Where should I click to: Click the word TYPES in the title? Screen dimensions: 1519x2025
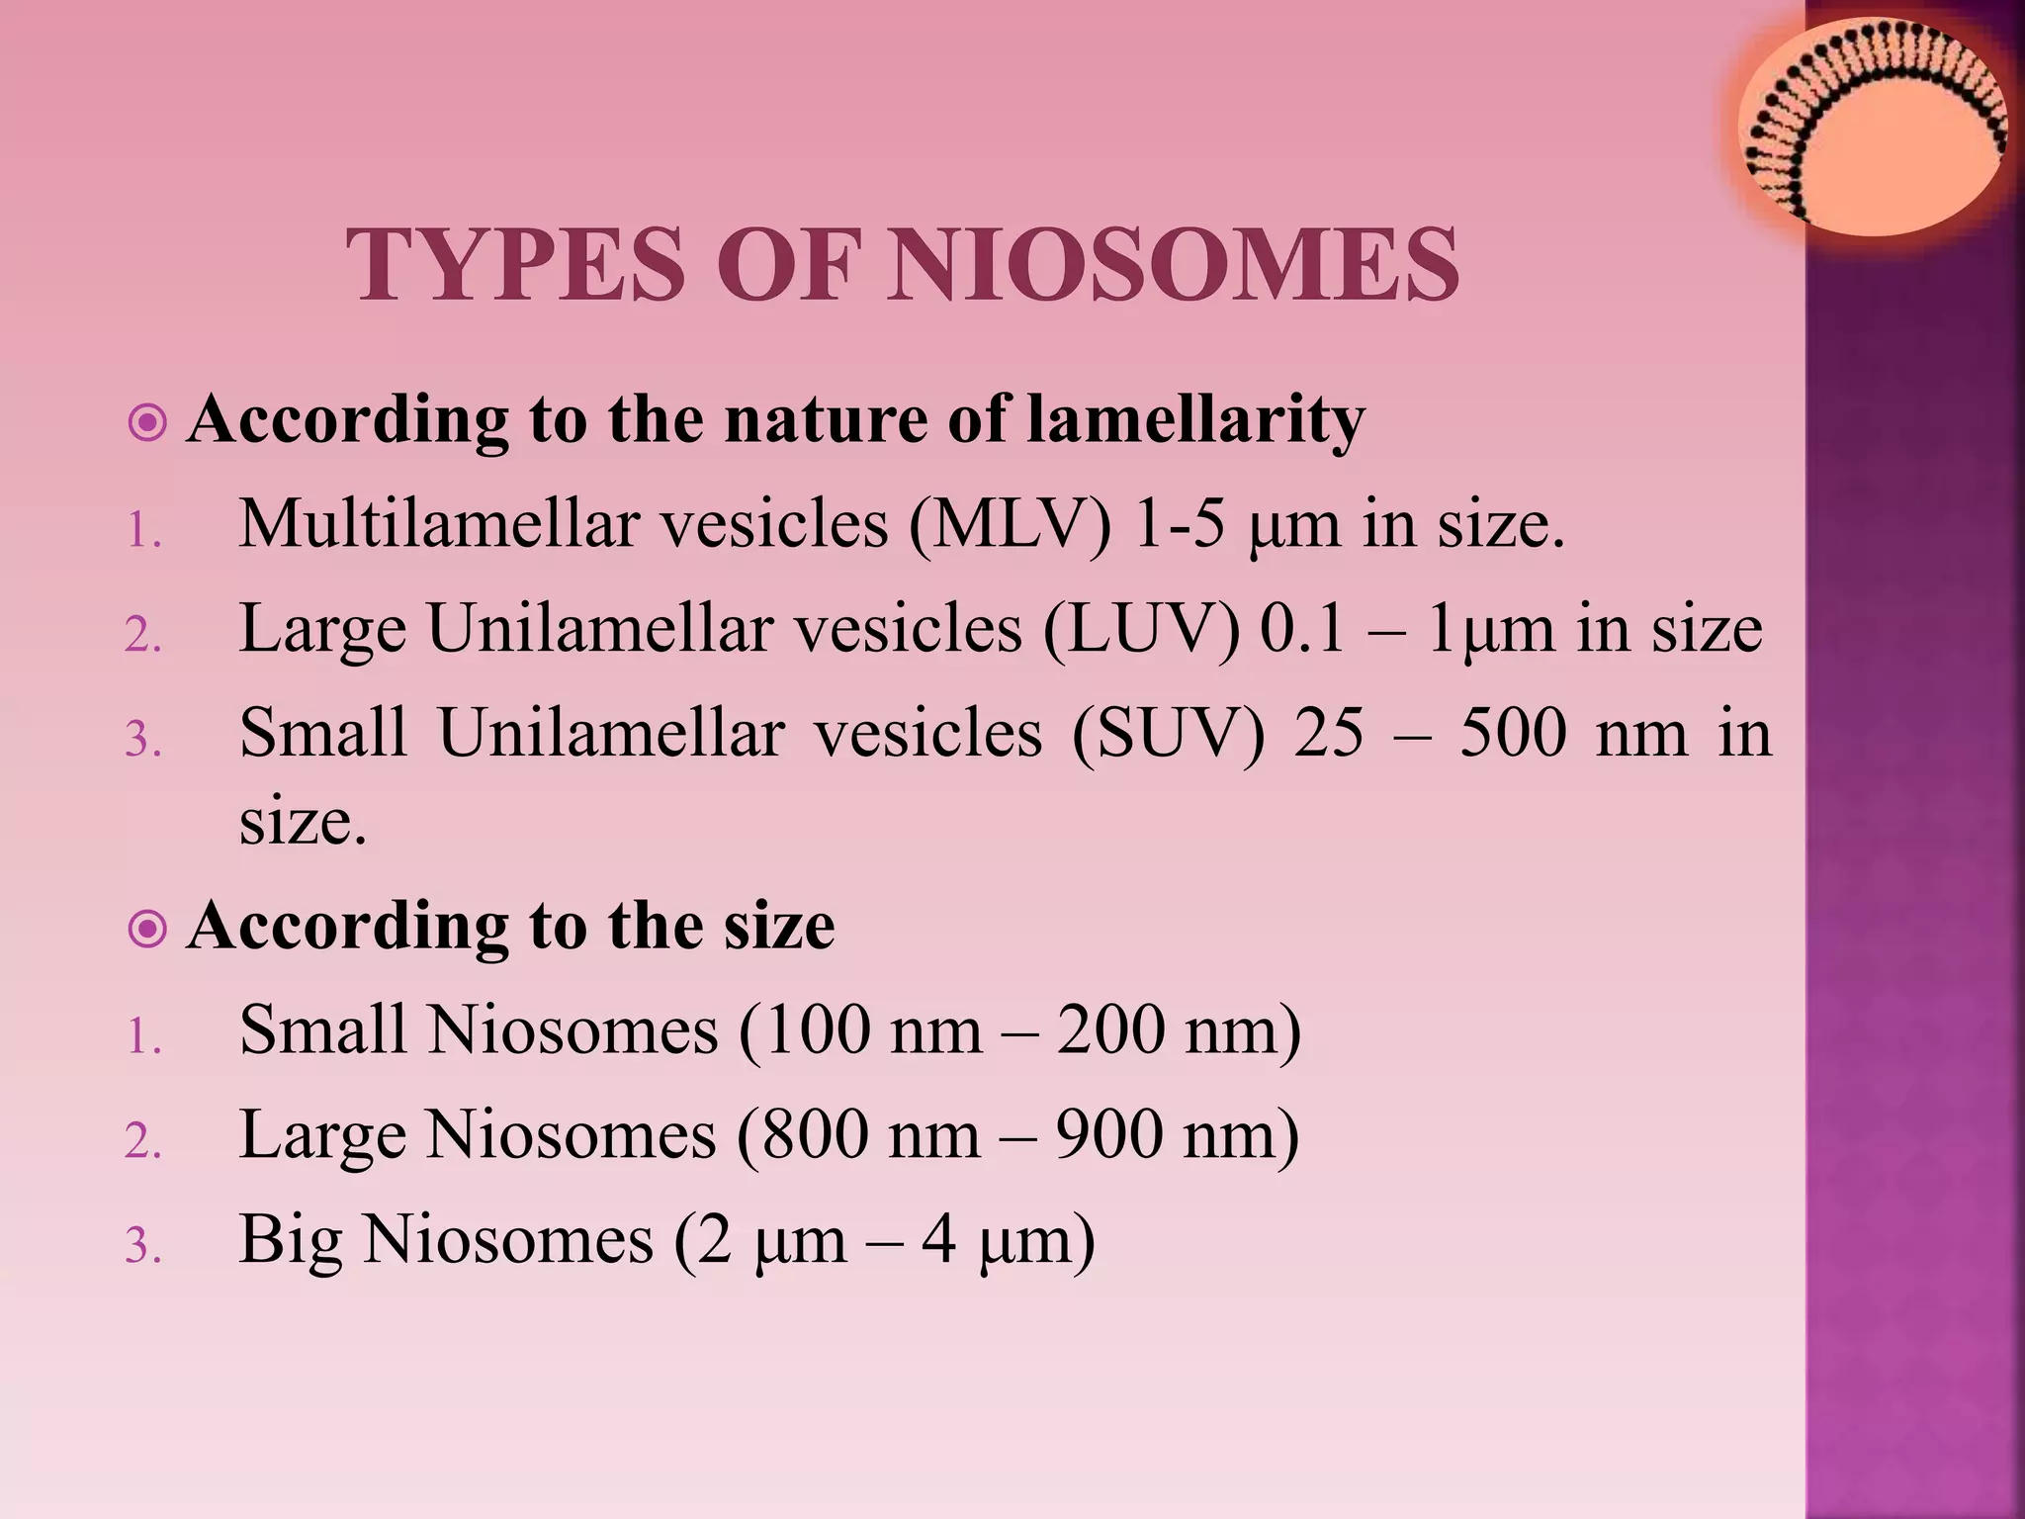(x=515, y=265)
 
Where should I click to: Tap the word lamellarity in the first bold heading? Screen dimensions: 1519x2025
(x=1195, y=419)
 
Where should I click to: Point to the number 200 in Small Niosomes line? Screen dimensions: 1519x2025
(x=1112, y=1030)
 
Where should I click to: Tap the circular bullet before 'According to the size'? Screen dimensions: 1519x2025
(x=147, y=929)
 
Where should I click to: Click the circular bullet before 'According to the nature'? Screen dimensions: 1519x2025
(x=147, y=423)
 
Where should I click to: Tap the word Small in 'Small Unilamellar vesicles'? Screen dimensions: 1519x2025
(x=323, y=734)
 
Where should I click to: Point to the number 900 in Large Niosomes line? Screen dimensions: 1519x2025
(x=1110, y=1134)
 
